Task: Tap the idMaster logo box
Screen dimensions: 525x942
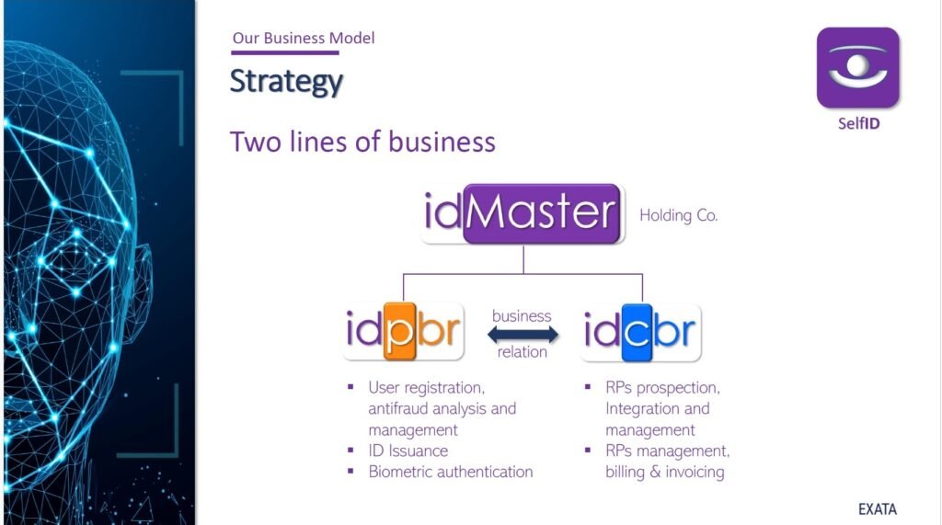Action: (x=523, y=213)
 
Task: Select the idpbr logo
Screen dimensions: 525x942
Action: (x=403, y=332)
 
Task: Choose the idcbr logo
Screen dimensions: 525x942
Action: (x=641, y=332)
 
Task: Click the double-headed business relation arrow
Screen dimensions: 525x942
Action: (x=522, y=334)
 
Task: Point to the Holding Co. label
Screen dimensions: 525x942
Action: (x=678, y=216)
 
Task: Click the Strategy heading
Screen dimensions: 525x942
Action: (x=286, y=81)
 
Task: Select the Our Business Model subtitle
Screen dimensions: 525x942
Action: (x=304, y=39)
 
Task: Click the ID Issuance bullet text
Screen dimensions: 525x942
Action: (x=408, y=451)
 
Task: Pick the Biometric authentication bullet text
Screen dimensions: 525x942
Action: (x=450, y=472)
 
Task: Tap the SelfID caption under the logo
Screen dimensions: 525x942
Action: (x=857, y=122)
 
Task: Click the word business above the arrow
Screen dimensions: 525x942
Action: (x=522, y=315)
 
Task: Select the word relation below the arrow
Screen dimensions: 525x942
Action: (x=522, y=352)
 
